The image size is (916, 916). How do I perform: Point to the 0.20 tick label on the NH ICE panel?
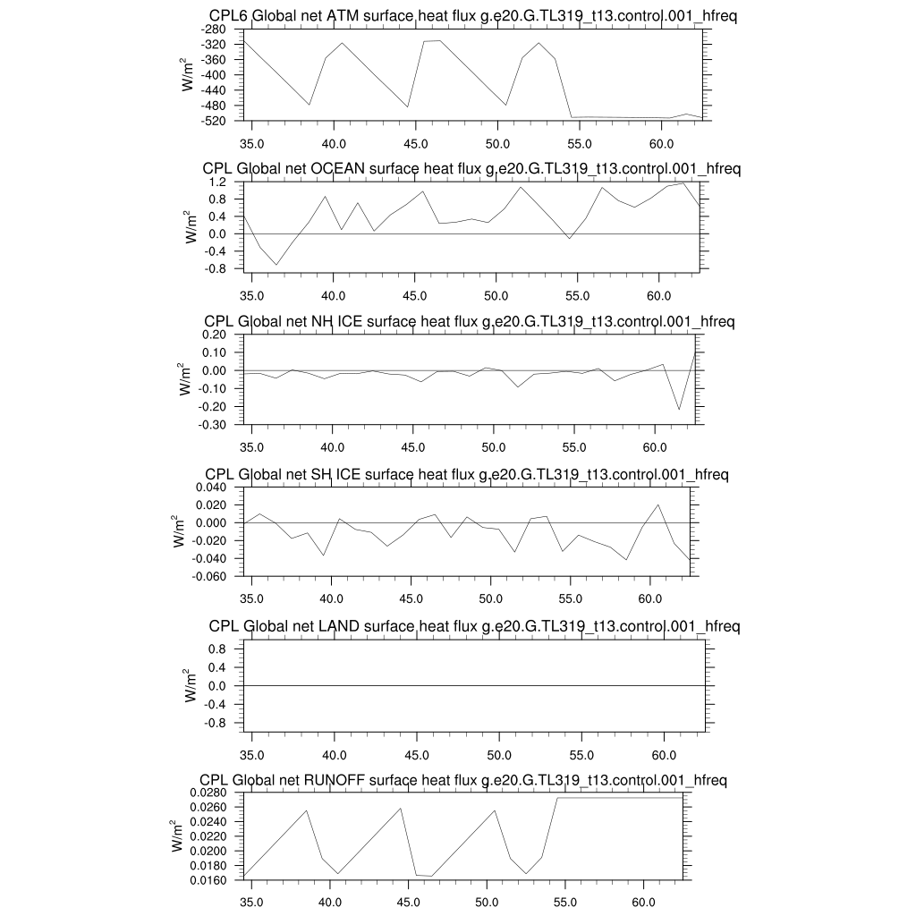click(216, 335)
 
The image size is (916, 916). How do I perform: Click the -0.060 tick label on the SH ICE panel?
click(209, 576)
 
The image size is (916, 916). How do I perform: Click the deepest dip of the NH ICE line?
click(679, 410)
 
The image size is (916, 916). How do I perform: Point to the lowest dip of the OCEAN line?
click(276, 265)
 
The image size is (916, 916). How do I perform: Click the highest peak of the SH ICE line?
click(658, 505)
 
